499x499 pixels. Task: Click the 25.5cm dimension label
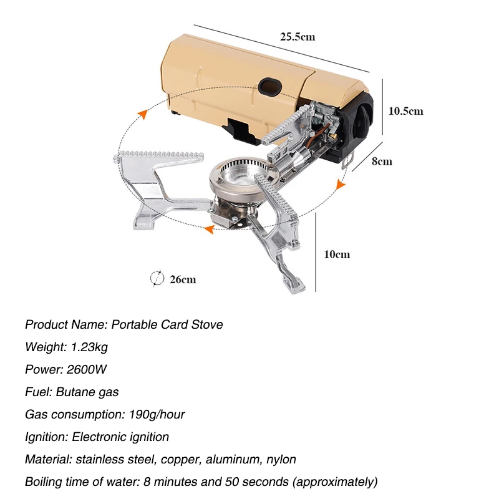pos(297,37)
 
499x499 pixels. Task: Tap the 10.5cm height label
pos(405,111)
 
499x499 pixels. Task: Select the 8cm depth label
pos(382,161)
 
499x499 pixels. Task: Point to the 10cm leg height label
pos(337,254)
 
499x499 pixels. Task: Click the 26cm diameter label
pos(183,279)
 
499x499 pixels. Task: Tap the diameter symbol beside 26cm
pos(157,278)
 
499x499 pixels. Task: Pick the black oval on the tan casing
pos(270,85)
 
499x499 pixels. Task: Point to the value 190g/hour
pos(153,415)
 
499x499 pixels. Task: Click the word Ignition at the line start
pos(46,437)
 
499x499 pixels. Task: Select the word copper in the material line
pos(180,460)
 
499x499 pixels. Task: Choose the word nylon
pos(281,460)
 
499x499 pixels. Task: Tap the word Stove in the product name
pos(207,324)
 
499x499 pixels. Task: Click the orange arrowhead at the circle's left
pos(143,114)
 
